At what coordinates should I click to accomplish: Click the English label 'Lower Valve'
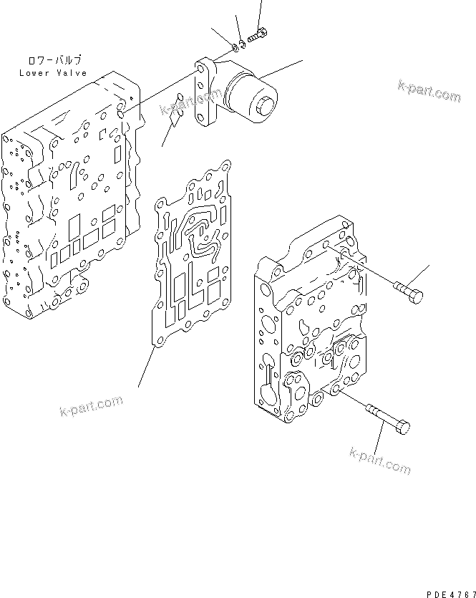[52, 73]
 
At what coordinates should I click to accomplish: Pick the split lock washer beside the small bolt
[243, 44]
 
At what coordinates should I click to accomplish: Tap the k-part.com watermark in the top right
[429, 92]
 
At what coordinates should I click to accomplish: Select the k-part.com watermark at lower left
[91, 409]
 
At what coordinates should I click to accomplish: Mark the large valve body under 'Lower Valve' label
[68, 201]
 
